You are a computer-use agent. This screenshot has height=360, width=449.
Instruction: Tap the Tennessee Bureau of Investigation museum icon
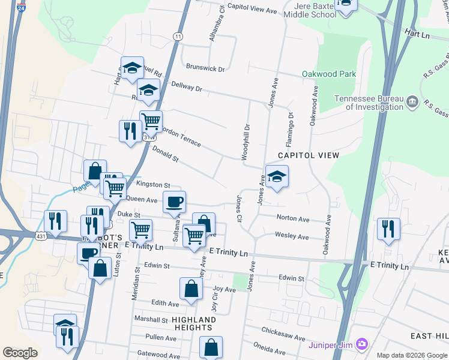coord(412,101)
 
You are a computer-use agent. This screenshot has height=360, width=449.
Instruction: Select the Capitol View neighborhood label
coord(309,155)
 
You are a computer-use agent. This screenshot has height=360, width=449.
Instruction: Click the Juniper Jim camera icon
coord(361,344)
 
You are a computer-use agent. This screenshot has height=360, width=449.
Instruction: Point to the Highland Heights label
coord(193,323)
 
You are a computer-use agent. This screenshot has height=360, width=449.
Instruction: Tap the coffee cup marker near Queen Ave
coord(174,202)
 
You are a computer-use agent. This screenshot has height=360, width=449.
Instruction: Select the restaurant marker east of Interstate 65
coord(388,229)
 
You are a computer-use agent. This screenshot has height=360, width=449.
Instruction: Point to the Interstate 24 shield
coord(21,10)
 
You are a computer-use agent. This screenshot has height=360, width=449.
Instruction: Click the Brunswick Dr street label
coord(205,68)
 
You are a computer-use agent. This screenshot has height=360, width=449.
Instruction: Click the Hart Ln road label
coord(418,33)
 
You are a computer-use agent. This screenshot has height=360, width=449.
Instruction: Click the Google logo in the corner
coord(20,353)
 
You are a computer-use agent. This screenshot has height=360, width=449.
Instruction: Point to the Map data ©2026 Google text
coord(411,355)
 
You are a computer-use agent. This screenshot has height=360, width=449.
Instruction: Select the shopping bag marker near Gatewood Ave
coord(211,347)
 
